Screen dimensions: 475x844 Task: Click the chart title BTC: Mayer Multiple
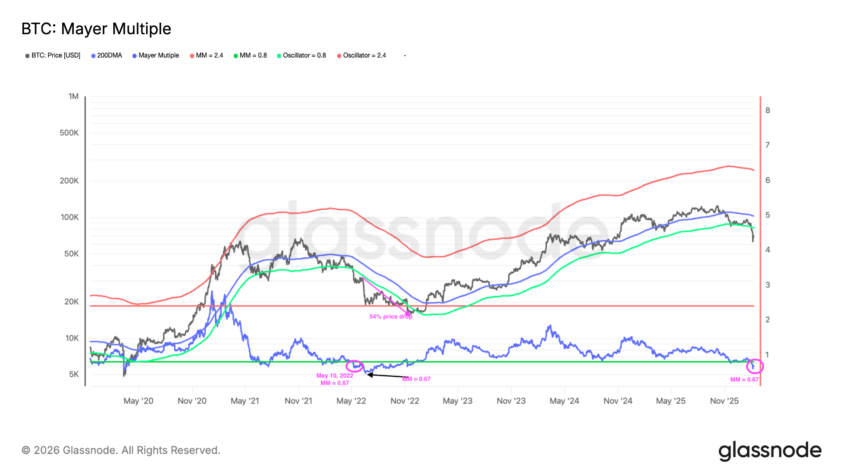click(96, 29)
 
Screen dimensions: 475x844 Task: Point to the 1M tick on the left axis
click(73, 96)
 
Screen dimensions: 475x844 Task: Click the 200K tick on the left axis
click(69, 181)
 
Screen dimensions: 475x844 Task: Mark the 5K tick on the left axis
click(74, 374)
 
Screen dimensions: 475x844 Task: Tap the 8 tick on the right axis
click(768, 110)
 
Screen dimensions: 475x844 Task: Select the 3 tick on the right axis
click(768, 285)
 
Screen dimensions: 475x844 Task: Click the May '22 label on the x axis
click(351, 401)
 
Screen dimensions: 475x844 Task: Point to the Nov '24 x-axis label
click(618, 401)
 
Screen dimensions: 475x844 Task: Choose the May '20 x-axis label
click(138, 401)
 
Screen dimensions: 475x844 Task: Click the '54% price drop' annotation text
click(391, 317)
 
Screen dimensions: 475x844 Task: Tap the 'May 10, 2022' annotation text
click(335, 376)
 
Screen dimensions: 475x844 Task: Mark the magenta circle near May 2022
click(354, 366)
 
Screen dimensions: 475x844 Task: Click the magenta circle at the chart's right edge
click(755, 366)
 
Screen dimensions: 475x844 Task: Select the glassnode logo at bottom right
click(770, 451)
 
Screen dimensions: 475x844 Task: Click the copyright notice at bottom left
click(121, 450)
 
